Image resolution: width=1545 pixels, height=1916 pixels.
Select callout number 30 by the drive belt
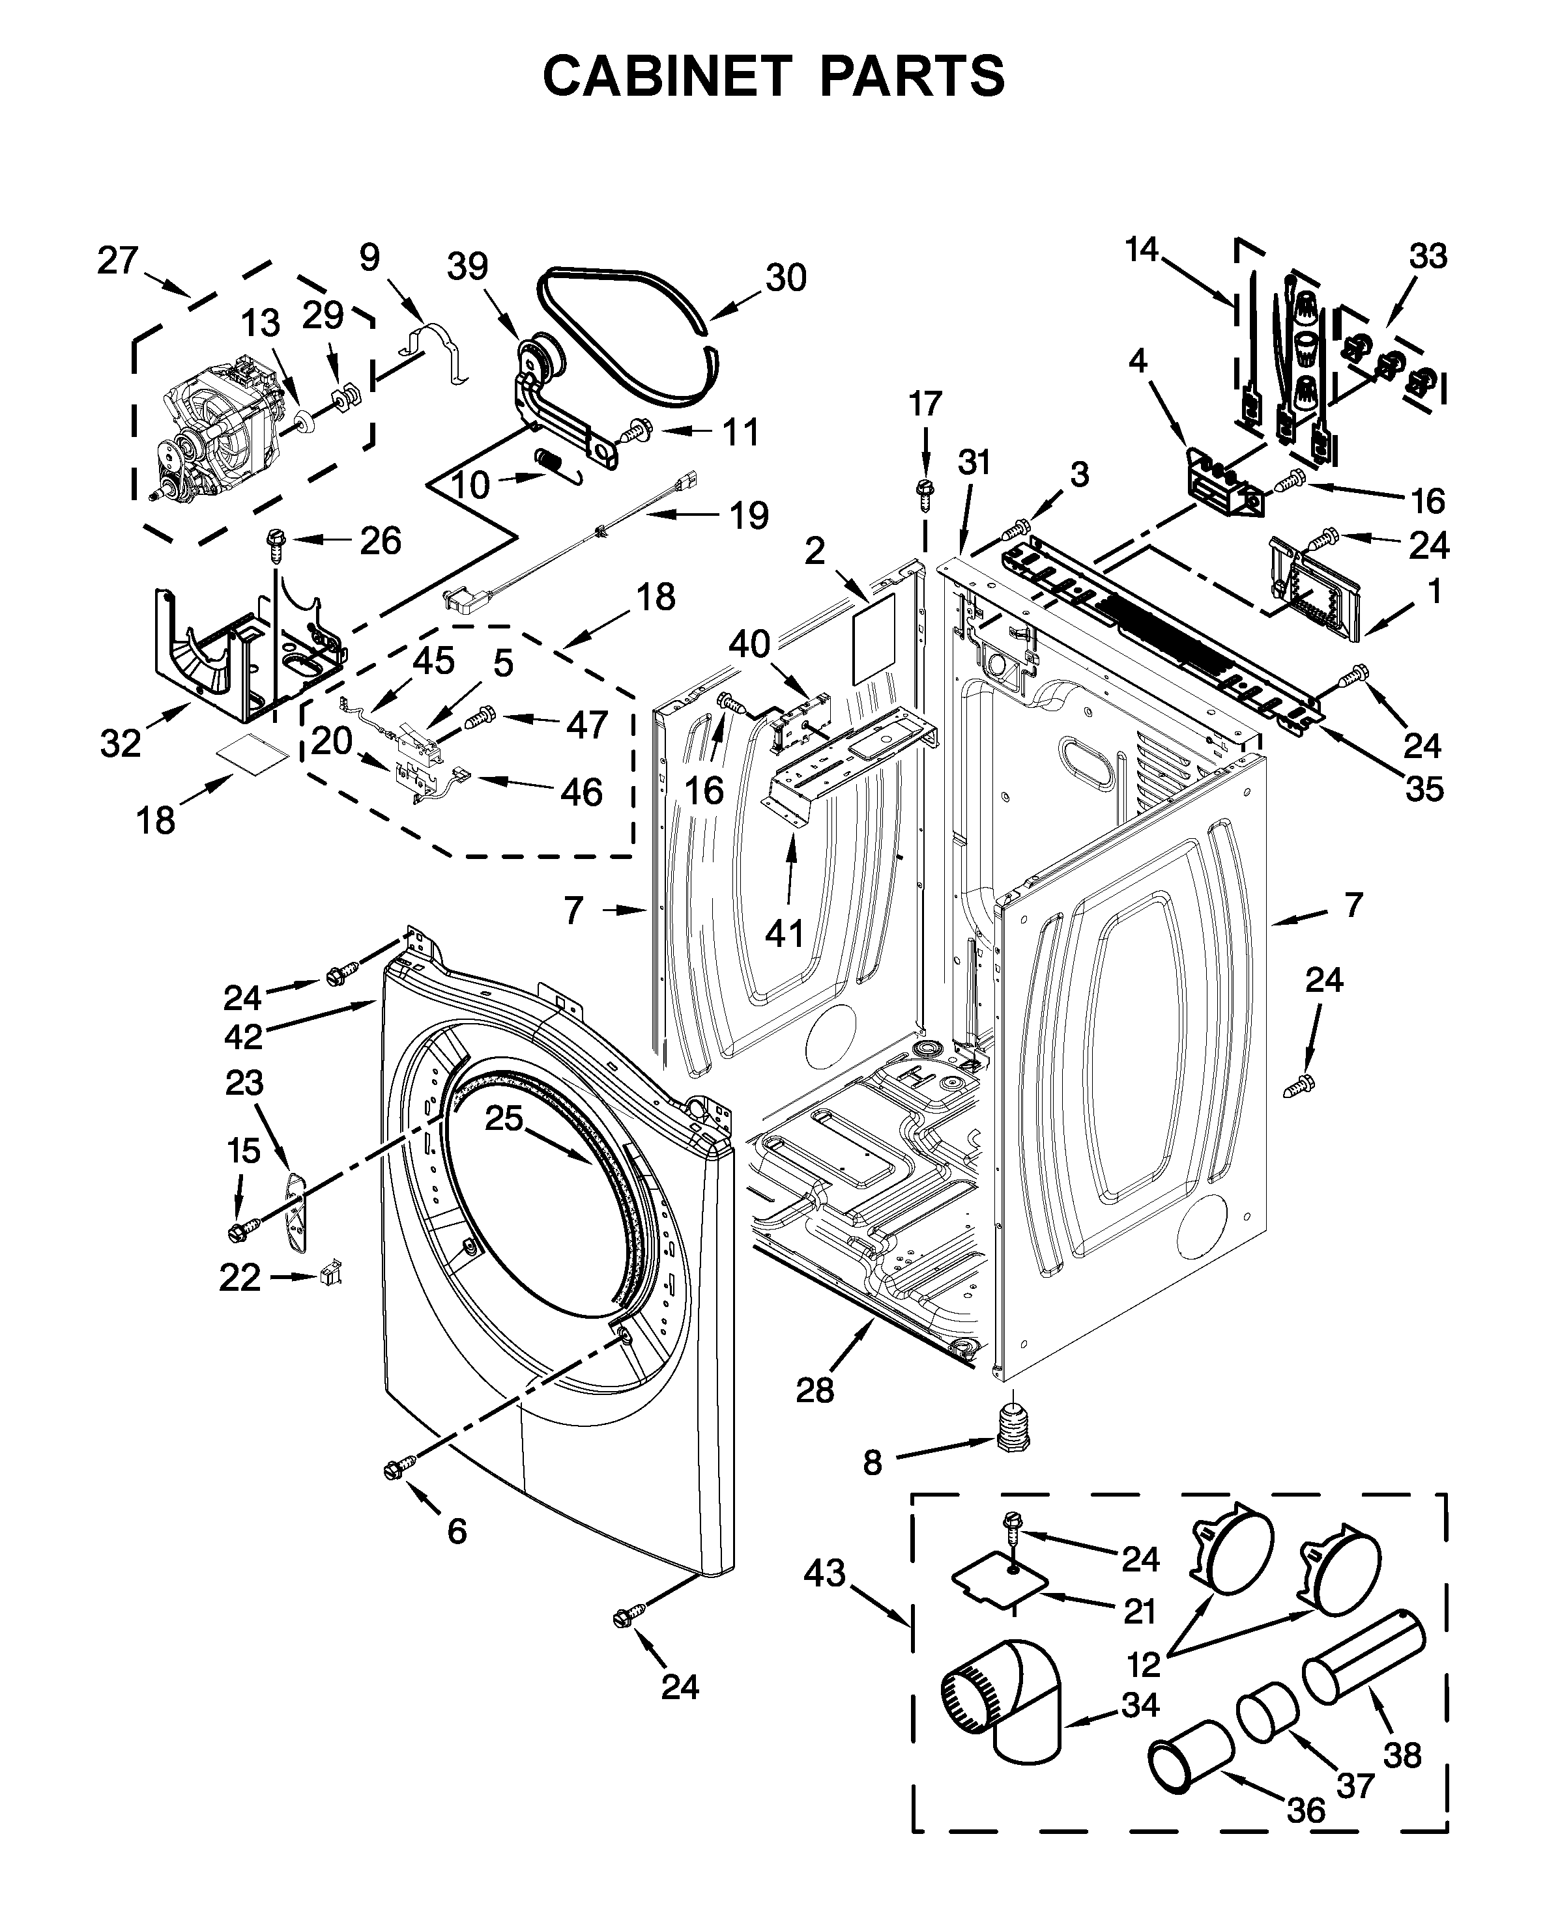click(x=785, y=279)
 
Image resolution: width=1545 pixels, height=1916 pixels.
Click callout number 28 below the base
click(x=815, y=1389)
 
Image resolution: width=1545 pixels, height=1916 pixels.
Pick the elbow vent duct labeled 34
click(x=1005, y=1699)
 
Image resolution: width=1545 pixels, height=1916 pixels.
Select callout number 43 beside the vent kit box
click(x=824, y=1573)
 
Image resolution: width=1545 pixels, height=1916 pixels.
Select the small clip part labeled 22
click(x=332, y=1273)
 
